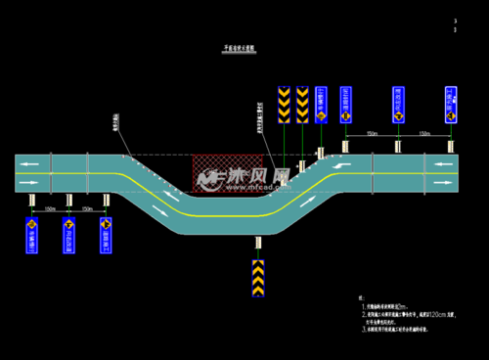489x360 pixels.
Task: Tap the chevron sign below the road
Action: pyautogui.click(x=258, y=278)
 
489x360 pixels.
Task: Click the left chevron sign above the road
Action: pyautogui.click(x=284, y=104)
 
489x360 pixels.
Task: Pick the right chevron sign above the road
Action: pyautogui.click(x=302, y=104)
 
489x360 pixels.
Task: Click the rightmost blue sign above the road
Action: pyautogui.click(x=450, y=104)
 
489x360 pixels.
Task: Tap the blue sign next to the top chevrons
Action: pyautogui.click(x=321, y=104)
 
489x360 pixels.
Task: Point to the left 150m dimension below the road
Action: pyautogui.click(x=50, y=208)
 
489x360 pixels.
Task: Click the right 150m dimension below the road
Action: pyautogui.click(x=87, y=208)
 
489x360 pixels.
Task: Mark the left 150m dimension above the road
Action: pyautogui.click(x=372, y=133)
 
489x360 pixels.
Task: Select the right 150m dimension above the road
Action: pyautogui.click(x=423, y=133)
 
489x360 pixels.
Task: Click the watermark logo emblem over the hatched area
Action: pyautogui.click(x=207, y=177)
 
